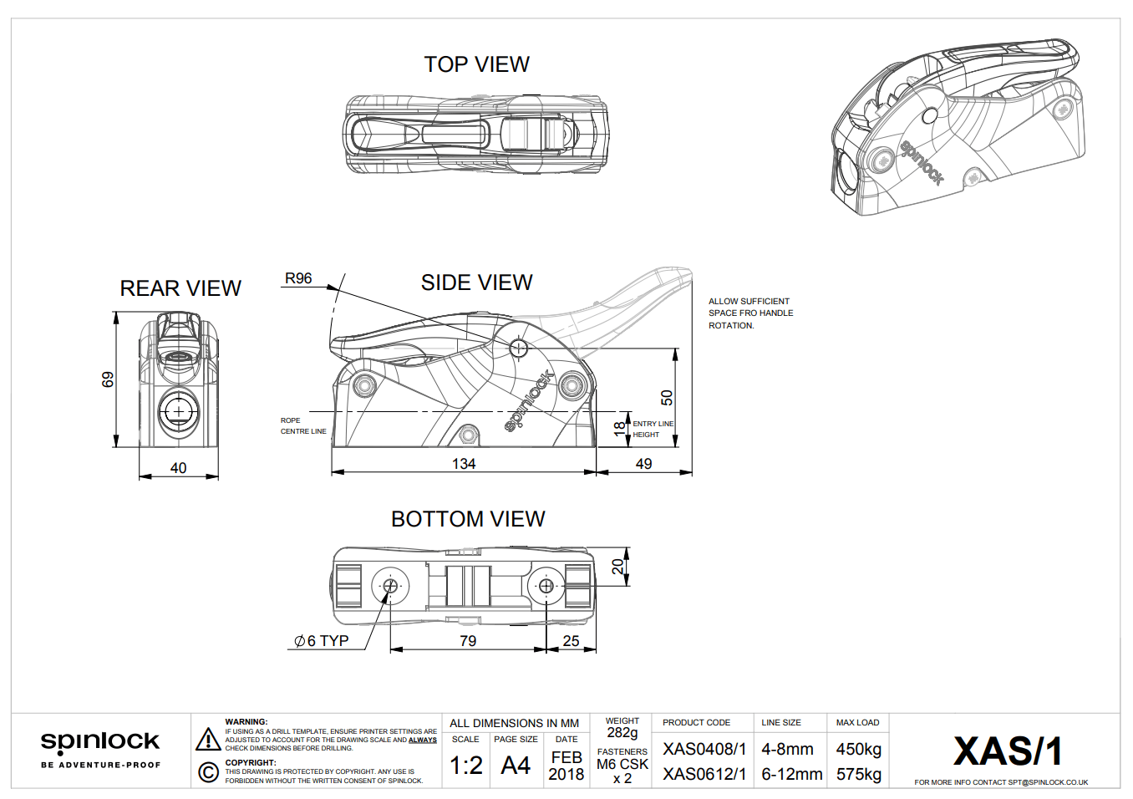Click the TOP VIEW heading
tap(476, 64)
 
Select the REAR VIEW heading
tap(180, 288)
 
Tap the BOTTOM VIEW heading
tap(468, 519)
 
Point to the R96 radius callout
tap(298, 278)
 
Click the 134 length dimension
tap(464, 464)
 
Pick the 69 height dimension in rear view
tap(108, 379)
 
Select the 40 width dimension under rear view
tap(178, 468)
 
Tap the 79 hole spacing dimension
tap(468, 641)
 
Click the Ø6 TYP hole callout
tap(322, 641)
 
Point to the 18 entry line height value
tap(619, 429)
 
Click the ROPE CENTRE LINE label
tap(302, 426)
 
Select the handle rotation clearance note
tap(750, 313)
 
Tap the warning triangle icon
tap(208, 740)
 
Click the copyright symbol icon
tap(208, 771)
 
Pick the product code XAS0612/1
tap(704, 775)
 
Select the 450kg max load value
tap(858, 750)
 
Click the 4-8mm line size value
tap(787, 750)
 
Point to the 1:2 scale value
tap(465, 766)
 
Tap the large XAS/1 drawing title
tap(1008, 751)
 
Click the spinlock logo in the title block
tap(100, 742)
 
